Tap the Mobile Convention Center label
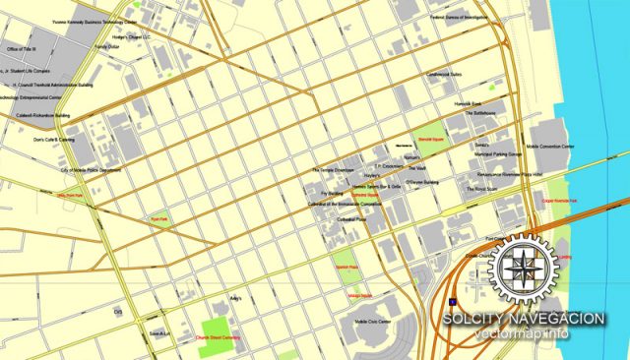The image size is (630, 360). [550, 146]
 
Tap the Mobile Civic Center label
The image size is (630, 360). [373, 322]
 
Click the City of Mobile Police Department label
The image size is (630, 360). [91, 169]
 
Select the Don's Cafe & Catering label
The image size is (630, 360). [53, 140]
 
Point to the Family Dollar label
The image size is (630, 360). [106, 46]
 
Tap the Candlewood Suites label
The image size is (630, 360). [443, 73]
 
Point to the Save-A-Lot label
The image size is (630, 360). [159, 333]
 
